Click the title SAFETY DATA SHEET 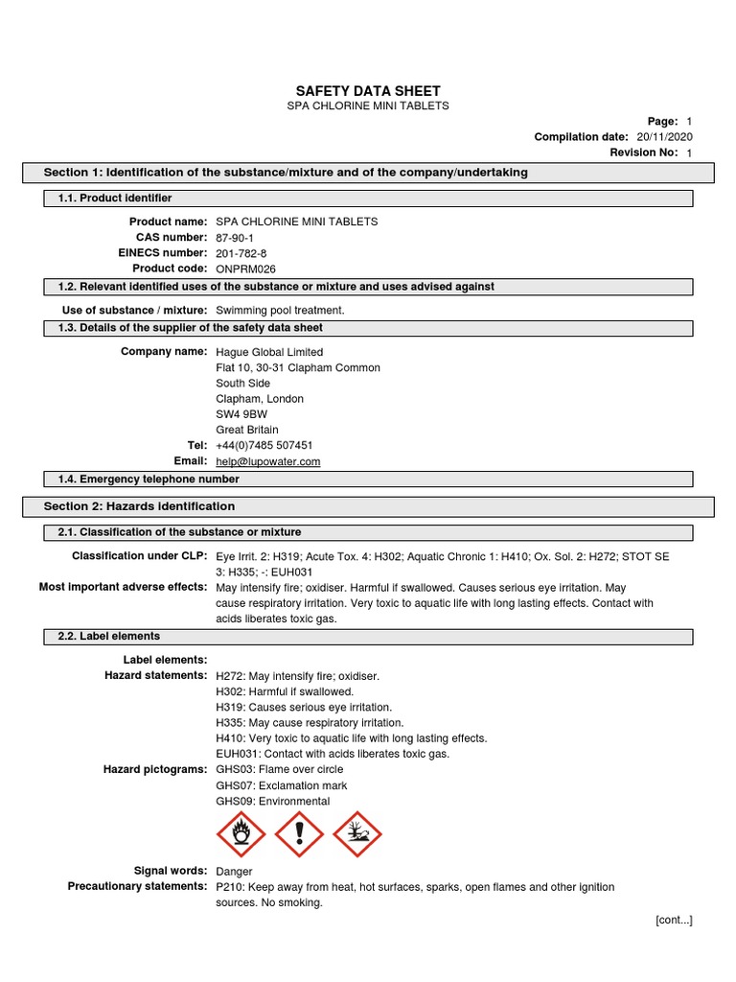[x=368, y=90]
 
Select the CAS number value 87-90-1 [x=236, y=238]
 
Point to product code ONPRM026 [x=245, y=269]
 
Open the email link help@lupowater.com [x=268, y=461]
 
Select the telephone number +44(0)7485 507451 [x=264, y=446]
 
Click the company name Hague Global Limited [x=270, y=352]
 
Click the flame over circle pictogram [x=241, y=835]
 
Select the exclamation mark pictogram [x=299, y=835]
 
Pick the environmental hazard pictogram [x=356, y=835]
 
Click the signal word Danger [x=235, y=872]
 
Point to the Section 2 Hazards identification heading [x=139, y=506]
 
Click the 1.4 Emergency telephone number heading [x=144, y=479]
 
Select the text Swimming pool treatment [x=280, y=311]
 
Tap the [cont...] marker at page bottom [x=673, y=921]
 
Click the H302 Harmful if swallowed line [x=285, y=691]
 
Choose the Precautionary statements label [x=137, y=887]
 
